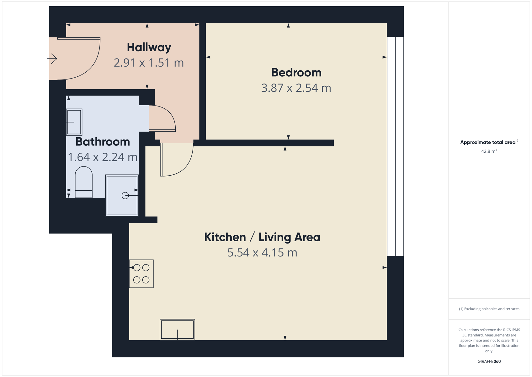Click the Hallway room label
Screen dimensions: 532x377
tap(149, 47)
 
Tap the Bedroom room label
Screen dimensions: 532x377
tap(296, 73)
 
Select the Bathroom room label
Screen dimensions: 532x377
tap(103, 142)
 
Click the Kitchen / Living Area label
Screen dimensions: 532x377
tap(262, 238)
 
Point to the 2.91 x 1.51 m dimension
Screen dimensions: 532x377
tap(149, 63)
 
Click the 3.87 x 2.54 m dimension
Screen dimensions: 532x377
tap(296, 88)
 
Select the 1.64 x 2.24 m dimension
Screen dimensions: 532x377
tap(103, 157)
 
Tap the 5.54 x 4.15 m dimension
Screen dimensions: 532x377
tap(262, 253)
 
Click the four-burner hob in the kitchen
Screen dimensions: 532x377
tap(141, 274)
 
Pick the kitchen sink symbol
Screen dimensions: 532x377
tap(178, 330)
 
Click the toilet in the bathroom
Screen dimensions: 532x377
tap(84, 182)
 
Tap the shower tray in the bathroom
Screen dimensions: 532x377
tap(122, 195)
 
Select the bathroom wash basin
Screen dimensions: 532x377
tap(74, 122)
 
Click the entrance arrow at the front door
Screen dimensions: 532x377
tap(52, 58)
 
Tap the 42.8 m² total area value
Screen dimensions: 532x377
tap(489, 151)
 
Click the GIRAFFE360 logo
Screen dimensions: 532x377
tap(489, 361)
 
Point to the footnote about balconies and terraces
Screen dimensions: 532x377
tap(489, 309)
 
